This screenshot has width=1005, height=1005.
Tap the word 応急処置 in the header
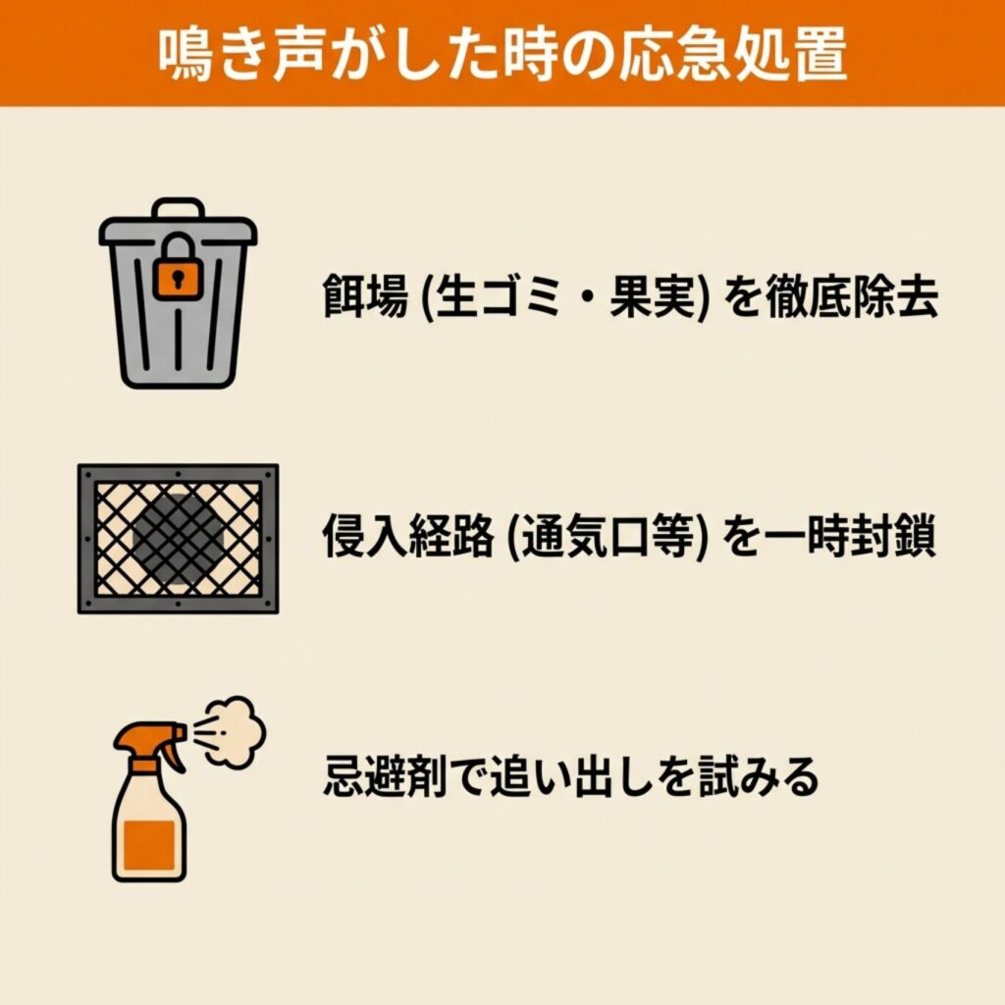click(732, 54)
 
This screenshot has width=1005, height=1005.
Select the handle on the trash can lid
click(178, 208)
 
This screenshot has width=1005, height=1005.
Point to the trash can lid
click(178, 230)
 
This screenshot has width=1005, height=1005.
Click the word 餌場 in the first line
click(365, 296)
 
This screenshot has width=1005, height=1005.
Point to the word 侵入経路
click(408, 536)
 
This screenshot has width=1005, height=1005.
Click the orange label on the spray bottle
click(149, 845)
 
